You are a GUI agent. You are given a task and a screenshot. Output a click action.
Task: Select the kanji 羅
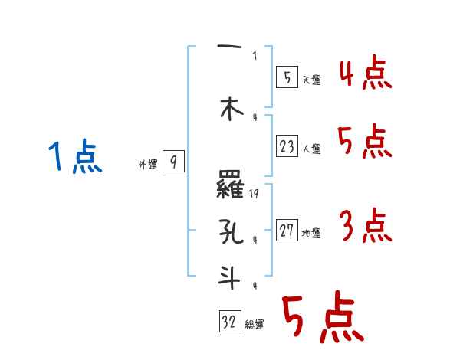pos(231,185)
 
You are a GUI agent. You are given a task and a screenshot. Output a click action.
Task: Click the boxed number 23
pos(287,147)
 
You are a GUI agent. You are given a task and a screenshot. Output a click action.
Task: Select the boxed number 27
pos(287,230)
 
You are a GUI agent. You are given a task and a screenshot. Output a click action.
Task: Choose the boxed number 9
pos(173,162)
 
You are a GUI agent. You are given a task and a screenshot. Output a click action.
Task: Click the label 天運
pos(310,80)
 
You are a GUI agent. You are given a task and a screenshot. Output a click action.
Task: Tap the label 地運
pos(311,234)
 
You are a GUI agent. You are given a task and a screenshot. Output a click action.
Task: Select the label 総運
pos(255,325)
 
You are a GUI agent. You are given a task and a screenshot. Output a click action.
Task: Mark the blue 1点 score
pos(74,157)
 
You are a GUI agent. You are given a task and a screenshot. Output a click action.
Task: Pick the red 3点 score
pos(365,226)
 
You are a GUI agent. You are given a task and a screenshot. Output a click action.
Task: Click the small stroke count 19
pos(255,194)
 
